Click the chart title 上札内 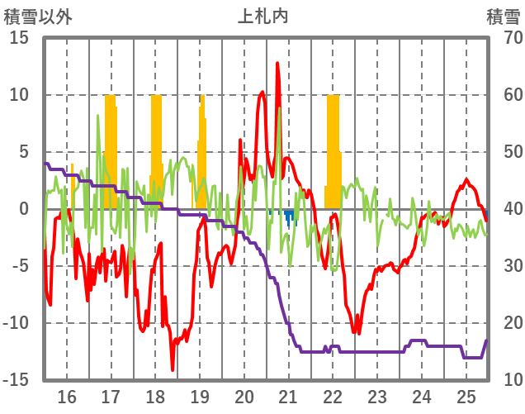(263, 16)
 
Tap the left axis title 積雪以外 (38, 16)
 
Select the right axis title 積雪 (502, 16)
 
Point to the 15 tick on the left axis (19, 38)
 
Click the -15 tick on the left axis (16, 379)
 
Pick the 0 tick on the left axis (24, 209)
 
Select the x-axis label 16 (66, 397)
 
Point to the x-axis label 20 (244, 397)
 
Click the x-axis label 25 (466, 397)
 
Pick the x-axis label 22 (333, 397)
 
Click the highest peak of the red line (277, 63)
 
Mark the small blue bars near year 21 (289, 217)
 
